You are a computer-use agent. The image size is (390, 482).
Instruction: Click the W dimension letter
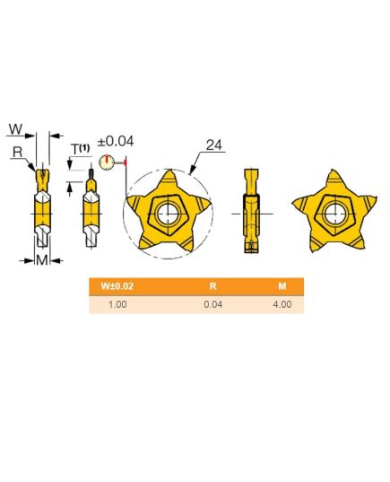click(x=15, y=128)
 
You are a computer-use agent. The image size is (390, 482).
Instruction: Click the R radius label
click(x=18, y=152)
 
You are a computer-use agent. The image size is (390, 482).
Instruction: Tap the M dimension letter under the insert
click(x=42, y=260)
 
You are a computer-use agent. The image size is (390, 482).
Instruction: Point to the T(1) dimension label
click(x=80, y=149)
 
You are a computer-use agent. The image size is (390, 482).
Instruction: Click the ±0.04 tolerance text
click(x=116, y=142)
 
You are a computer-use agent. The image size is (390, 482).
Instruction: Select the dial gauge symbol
click(x=107, y=162)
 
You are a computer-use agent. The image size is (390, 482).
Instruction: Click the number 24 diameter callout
click(x=213, y=145)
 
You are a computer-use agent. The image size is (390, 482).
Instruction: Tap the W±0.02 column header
click(x=117, y=286)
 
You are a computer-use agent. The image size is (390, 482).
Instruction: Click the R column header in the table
click(x=212, y=286)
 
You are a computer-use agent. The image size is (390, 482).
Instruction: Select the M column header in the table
click(x=282, y=286)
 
